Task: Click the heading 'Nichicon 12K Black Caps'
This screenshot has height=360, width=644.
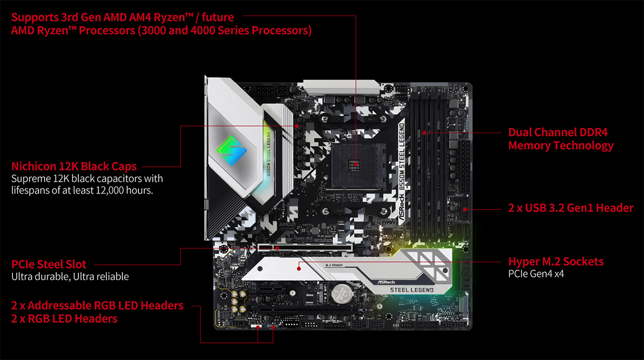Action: pyautogui.click(x=74, y=166)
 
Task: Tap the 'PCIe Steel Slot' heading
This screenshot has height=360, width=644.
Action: pyautogui.click(x=49, y=265)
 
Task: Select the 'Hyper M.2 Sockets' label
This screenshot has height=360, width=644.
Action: pyautogui.click(x=556, y=262)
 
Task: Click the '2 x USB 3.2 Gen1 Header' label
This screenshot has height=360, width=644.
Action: pyautogui.click(x=570, y=208)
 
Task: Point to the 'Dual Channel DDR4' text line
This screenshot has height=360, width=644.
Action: pyautogui.click(x=558, y=132)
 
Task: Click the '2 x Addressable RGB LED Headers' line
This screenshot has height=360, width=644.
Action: pyautogui.click(x=97, y=305)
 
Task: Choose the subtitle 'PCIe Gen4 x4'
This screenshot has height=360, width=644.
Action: pyautogui.click(x=536, y=274)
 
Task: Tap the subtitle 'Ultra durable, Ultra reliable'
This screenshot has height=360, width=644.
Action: pyautogui.click(x=70, y=277)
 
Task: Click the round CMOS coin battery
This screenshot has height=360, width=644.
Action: pyautogui.click(x=342, y=293)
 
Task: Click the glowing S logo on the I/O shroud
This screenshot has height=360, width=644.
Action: pyautogui.click(x=231, y=151)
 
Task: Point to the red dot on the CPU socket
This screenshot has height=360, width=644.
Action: pyautogui.click(x=356, y=165)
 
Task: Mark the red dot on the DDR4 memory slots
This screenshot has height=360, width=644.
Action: pyautogui.click(x=425, y=133)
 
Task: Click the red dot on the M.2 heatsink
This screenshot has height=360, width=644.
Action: pyautogui.click(x=299, y=269)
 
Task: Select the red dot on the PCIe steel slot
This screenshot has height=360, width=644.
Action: pyautogui.click(x=277, y=248)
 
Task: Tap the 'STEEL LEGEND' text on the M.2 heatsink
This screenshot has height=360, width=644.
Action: pyautogui.click(x=412, y=290)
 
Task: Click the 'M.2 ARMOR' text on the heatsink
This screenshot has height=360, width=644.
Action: pyautogui.click(x=334, y=265)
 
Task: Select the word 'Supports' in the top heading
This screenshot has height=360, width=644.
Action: pyautogui.click(x=35, y=18)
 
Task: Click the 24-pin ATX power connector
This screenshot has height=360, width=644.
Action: pyautogui.click(x=465, y=167)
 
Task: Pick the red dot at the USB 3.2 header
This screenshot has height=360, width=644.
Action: pyautogui.click(x=465, y=209)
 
